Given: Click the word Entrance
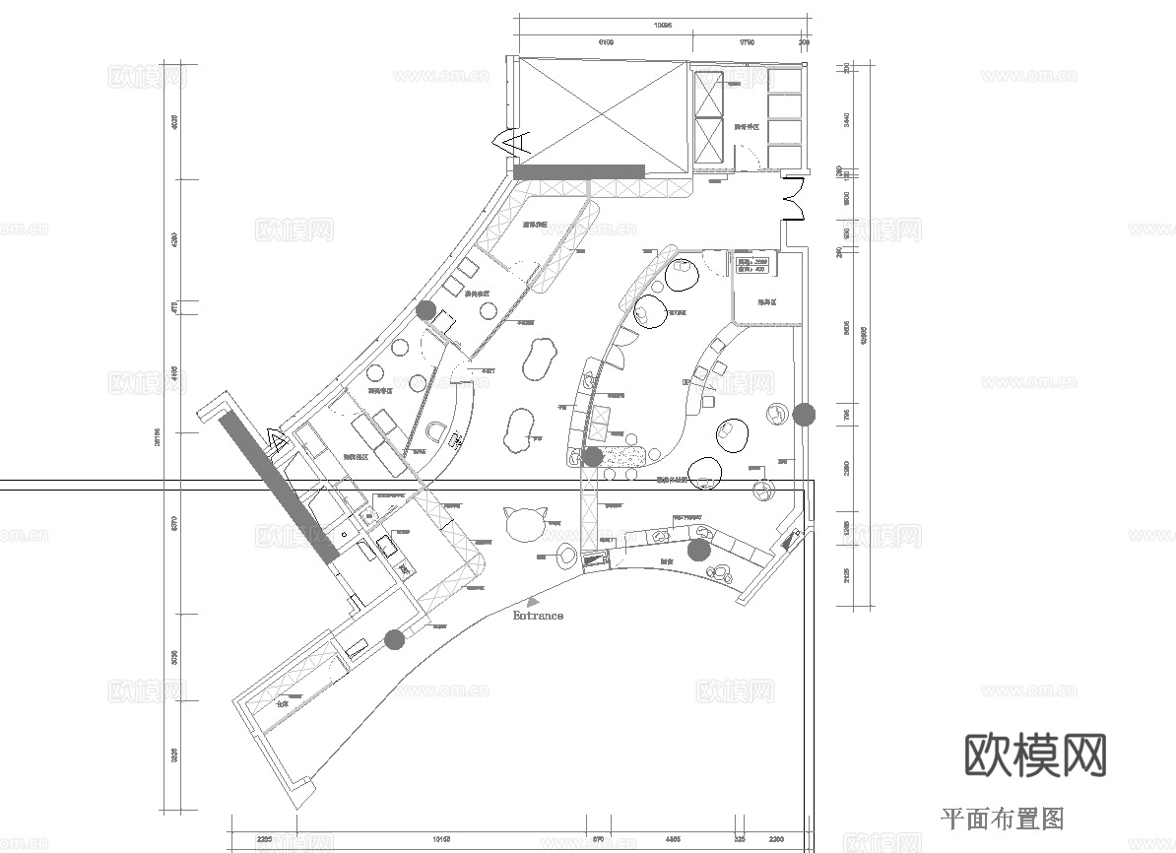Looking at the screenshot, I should tap(538, 616).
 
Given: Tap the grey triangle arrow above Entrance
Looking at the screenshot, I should tap(533, 600).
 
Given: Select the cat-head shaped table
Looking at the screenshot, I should tap(523, 521).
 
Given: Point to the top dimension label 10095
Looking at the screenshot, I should tap(663, 27).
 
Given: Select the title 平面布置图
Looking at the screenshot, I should tap(1003, 818).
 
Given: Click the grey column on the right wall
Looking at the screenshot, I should tap(805, 414).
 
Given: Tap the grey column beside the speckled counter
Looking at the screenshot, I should tap(593, 456).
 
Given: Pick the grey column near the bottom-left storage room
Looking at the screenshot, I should tap(395, 640).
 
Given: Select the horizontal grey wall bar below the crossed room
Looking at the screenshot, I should tap(579, 171).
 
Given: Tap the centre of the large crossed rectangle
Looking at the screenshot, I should tap(603, 111).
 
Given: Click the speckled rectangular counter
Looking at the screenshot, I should tap(623, 456).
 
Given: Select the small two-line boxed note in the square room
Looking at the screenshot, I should tap(752, 265).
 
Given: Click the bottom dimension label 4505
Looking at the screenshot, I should tap(674, 840).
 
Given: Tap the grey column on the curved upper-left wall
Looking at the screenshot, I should tap(425, 310).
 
